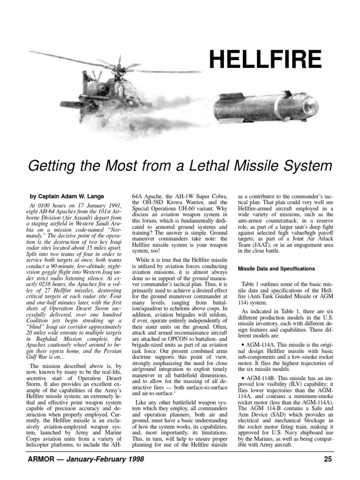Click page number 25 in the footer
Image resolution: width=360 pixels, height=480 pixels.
[328, 459]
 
